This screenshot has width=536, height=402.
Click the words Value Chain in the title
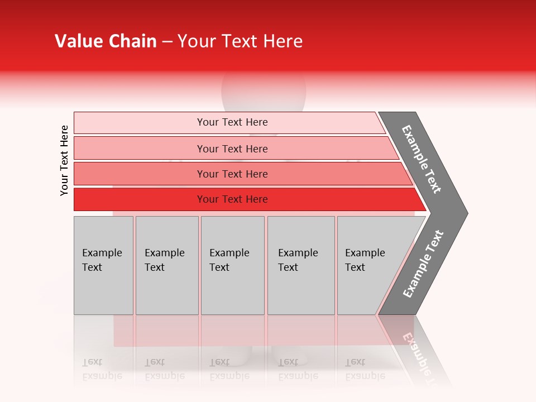tap(106, 41)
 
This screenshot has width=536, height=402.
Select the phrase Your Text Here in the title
tap(240, 41)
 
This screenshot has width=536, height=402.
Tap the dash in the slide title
tap(167, 42)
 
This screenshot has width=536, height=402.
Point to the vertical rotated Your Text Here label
tap(64, 160)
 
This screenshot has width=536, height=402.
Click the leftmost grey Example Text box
tap(103, 265)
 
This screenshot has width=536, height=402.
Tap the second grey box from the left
tap(166, 265)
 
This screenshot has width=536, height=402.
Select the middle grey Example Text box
tap(232, 265)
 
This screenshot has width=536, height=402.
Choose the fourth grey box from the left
tap(300, 265)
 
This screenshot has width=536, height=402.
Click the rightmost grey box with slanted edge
tap(368, 265)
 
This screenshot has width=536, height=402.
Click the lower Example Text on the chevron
tap(423, 264)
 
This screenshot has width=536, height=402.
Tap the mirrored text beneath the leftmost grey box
tap(102, 369)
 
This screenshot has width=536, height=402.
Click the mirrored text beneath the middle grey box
tap(229, 369)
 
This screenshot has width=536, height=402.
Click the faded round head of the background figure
tap(264, 92)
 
